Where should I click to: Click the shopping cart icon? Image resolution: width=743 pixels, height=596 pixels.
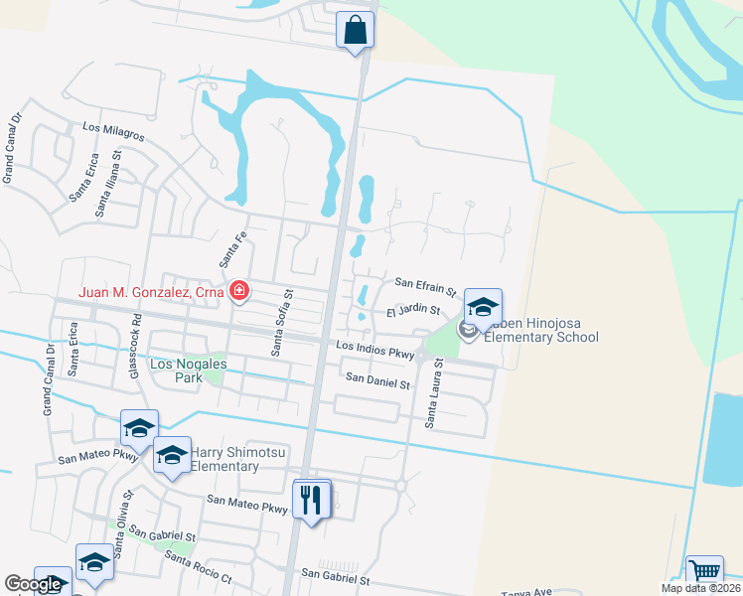[704, 573]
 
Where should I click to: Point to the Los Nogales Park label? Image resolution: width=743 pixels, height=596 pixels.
[188, 371]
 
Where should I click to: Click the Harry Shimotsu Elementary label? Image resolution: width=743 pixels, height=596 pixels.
[225, 460]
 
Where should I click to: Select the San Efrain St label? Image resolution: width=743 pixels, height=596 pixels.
[425, 287]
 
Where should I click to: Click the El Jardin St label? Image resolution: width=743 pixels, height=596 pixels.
[413, 312]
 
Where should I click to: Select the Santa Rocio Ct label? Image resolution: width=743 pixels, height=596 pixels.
[199, 570]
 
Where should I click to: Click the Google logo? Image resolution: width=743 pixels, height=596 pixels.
[33, 584]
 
